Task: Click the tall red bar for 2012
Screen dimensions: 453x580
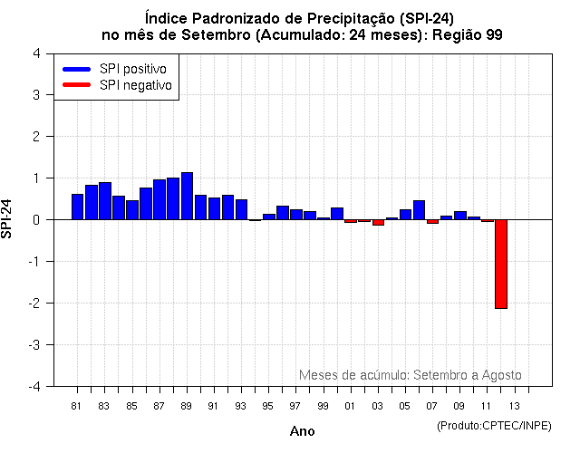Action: coord(500,264)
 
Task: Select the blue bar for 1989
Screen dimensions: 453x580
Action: coord(187,196)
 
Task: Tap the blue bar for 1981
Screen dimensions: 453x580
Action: coord(77,207)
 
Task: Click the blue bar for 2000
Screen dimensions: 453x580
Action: coord(337,214)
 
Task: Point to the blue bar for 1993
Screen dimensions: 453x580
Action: coord(241,209)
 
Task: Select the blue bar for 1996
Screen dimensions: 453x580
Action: coord(283,213)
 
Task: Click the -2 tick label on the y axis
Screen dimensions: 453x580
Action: coord(34,304)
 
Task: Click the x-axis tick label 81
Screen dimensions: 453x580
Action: coord(77,405)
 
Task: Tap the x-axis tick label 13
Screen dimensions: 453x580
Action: coord(514,405)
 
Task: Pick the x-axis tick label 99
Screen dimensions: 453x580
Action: coord(323,405)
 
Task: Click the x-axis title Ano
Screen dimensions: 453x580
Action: coord(302,431)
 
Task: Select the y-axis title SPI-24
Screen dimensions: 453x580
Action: coord(8,219)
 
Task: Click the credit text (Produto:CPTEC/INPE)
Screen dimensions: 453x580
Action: coord(494,425)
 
